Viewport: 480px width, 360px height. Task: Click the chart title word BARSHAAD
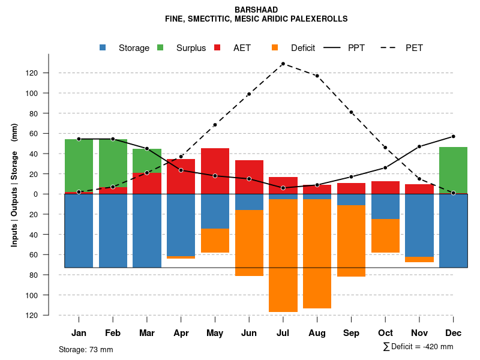pyautogui.click(x=256, y=10)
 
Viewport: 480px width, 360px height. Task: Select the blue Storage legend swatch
pyautogui.click(x=103, y=47)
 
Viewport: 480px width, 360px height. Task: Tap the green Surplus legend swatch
pyautogui.click(x=161, y=47)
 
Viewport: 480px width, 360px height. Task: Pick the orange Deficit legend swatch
pyautogui.click(x=275, y=47)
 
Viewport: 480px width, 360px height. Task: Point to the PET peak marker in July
pyautogui.click(x=283, y=64)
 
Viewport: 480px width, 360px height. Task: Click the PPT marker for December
pyautogui.click(x=453, y=136)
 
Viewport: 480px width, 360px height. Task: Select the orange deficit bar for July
pyautogui.click(x=283, y=255)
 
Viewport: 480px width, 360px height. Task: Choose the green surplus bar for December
pyautogui.click(x=453, y=170)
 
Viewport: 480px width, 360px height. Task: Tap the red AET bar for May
pyautogui.click(x=215, y=171)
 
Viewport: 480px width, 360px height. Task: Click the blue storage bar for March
pyautogui.click(x=147, y=231)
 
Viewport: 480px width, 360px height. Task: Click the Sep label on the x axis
pyautogui.click(x=351, y=333)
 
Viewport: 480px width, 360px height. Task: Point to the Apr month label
pyautogui.click(x=181, y=333)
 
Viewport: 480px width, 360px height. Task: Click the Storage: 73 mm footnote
pyautogui.click(x=86, y=349)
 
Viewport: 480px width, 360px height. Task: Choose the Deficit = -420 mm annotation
pyautogui.click(x=418, y=347)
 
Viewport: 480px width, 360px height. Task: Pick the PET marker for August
pyautogui.click(x=317, y=76)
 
